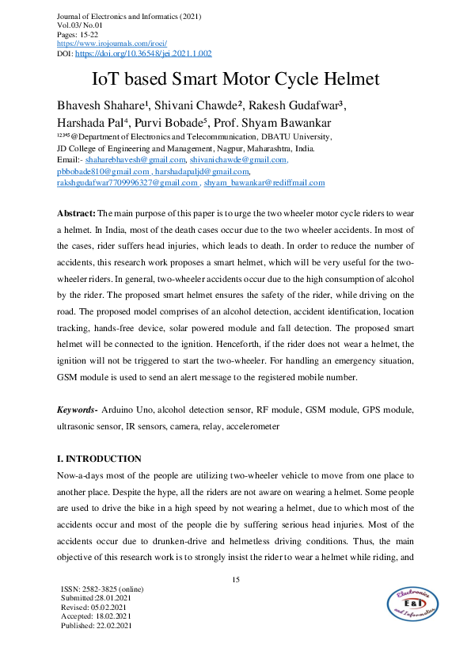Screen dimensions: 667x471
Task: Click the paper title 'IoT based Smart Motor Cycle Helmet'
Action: pos(236,79)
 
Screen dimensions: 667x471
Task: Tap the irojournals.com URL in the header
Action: pos(104,44)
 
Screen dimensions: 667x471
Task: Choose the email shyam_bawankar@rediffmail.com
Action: pos(264,182)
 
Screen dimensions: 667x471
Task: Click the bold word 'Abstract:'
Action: pos(76,215)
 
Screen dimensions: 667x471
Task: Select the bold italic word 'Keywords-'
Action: pos(78,410)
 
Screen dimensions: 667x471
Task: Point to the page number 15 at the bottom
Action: pos(235,581)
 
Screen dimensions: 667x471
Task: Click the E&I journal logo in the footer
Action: pos(414,605)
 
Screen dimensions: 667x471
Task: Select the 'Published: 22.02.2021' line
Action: pos(96,625)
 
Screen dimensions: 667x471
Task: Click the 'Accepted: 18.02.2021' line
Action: pos(95,616)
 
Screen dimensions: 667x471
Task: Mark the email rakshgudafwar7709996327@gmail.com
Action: pos(127,182)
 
